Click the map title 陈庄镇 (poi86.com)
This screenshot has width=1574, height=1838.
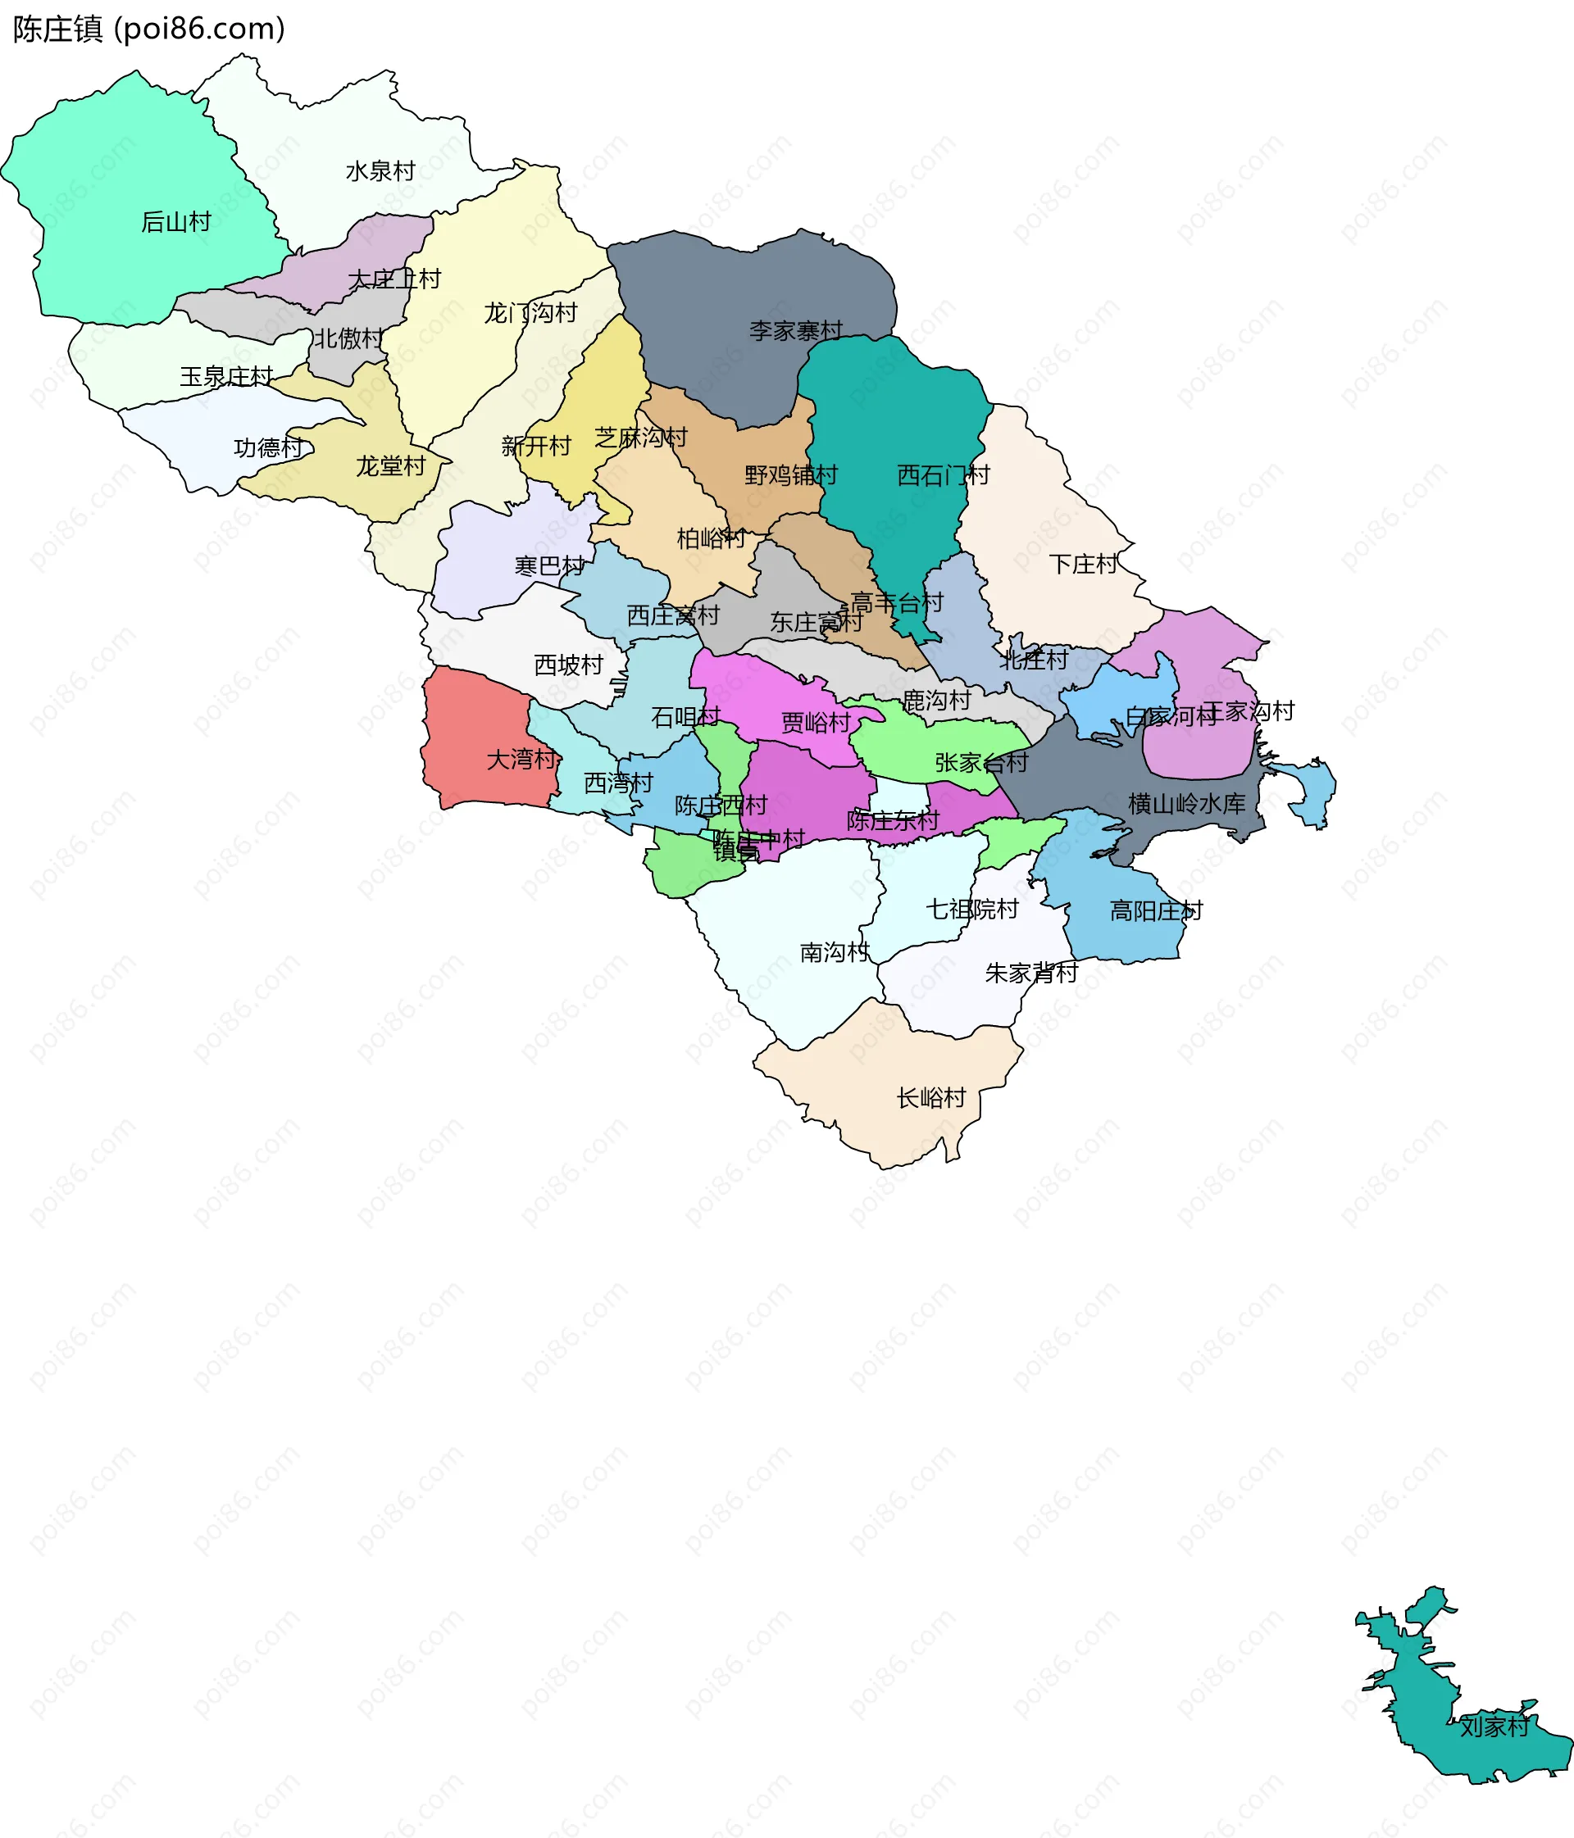click(x=149, y=29)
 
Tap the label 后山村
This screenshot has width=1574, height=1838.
click(x=175, y=222)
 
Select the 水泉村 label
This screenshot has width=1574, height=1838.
click(x=380, y=170)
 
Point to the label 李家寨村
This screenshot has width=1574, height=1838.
click(x=795, y=331)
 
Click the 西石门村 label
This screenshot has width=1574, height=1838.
click(x=942, y=475)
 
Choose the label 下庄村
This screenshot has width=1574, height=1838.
click(x=1083, y=564)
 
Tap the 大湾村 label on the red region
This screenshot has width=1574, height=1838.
click(x=521, y=760)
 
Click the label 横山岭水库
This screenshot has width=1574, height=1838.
click(x=1186, y=804)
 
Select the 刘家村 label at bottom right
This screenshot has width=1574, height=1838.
click(x=1494, y=1727)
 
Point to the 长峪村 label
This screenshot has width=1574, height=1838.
click(x=930, y=1098)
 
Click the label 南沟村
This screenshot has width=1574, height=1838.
click(x=834, y=952)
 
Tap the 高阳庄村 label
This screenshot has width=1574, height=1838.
click(x=1155, y=911)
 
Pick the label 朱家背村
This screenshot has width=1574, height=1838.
click(x=1031, y=973)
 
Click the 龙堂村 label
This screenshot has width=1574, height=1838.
click(x=390, y=465)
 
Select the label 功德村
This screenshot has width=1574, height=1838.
click(x=268, y=447)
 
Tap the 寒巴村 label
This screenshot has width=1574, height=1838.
click(x=549, y=565)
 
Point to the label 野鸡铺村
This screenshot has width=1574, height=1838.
click(x=790, y=475)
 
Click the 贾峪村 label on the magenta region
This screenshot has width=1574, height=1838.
click(x=816, y=723)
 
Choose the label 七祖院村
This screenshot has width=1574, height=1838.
click(x=971, y=910)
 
